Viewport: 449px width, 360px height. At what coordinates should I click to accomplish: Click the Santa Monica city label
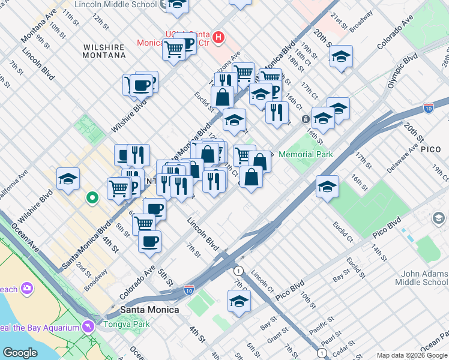[x=149, y=309]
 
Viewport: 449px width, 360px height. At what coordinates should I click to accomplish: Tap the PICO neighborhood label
[x=430, y=148]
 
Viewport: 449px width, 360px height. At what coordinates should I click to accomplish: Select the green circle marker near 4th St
[x=92, y=197]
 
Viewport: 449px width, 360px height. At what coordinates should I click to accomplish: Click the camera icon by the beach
[x=26, y=289]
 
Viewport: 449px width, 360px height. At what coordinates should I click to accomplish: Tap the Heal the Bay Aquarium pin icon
[x=89, y=327]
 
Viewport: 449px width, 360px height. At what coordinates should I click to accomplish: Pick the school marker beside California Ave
[x=68, y=179]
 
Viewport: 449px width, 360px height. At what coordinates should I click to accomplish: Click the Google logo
[x=20, y=353]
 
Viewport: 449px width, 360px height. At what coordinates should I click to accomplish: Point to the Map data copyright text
[x=412, y=355]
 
